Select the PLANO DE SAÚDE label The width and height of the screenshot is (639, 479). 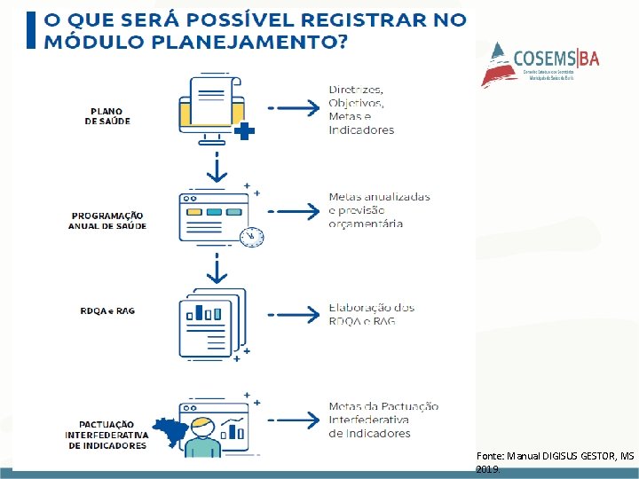[107, 116]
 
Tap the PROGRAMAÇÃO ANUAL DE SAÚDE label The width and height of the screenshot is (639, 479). [107, 221]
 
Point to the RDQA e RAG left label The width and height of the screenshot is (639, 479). [107, 311]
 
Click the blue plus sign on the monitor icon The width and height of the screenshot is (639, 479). [245, 131]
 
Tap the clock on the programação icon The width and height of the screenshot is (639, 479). [251, 237]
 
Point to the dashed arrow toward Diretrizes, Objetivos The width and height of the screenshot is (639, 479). [294, 108]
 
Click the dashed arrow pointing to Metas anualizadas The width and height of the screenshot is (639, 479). [294, 211]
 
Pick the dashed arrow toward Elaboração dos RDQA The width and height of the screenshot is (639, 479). [294, 314]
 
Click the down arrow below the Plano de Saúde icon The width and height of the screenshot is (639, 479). [215, 166]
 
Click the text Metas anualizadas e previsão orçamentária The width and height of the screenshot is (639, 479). [378, 210]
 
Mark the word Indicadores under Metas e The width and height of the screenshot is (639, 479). [361, 130]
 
